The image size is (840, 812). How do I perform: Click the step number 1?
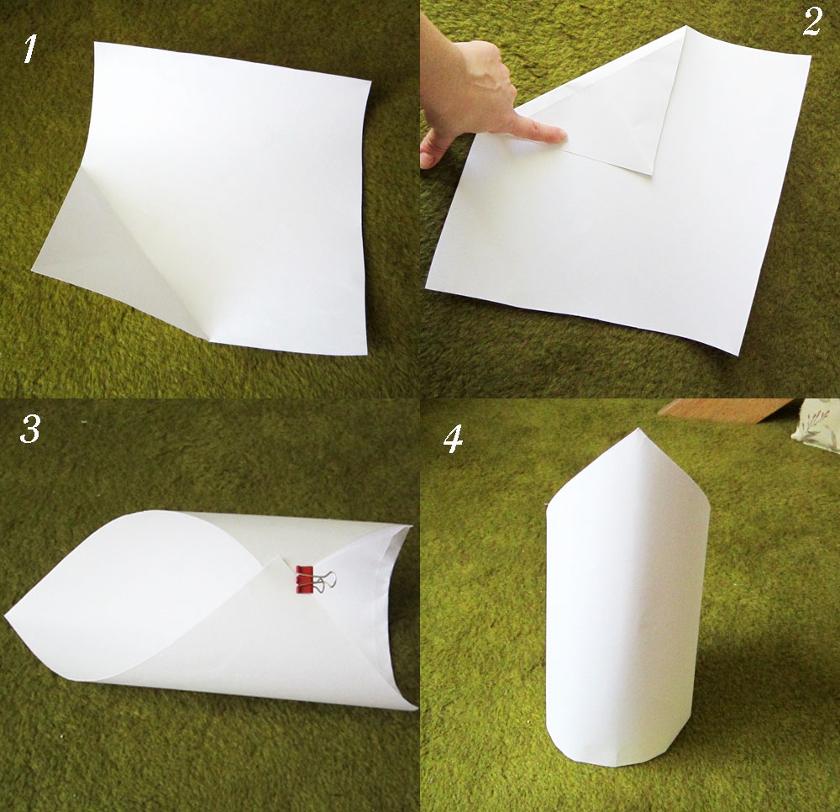click(x=30, y=50)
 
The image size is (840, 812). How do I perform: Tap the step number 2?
click(x=811, y=23)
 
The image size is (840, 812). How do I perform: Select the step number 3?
click(x=29, y=430)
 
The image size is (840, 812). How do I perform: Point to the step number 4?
click(x=454, y=438)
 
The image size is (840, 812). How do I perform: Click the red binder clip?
click(x=303, y=580)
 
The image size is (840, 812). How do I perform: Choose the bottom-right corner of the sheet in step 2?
click(x=738, y=353)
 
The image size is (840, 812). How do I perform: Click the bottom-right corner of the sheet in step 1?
click(x=365, y=353)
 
